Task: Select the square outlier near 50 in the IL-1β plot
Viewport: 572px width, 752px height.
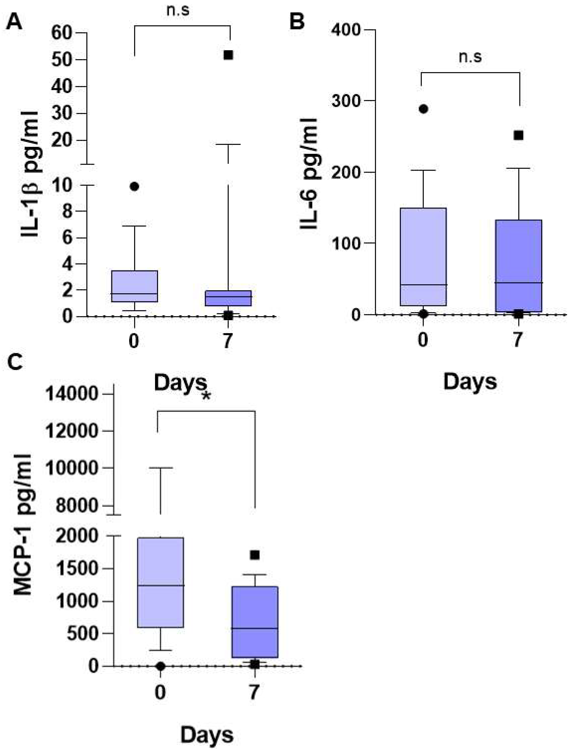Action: [228, 55]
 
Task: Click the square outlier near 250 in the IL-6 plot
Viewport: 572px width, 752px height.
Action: [518, 135]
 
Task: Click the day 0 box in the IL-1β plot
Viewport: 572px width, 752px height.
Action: [134, 286]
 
